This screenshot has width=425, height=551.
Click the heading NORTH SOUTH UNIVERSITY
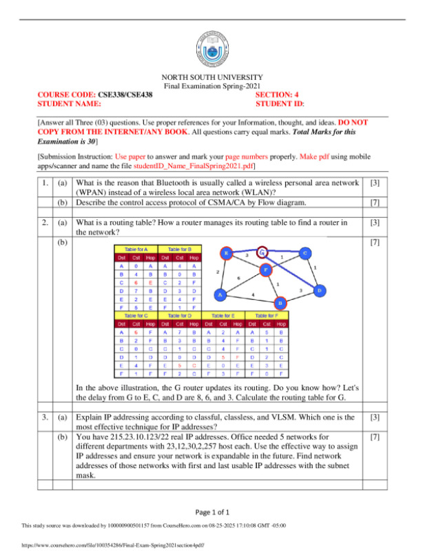(211, 77)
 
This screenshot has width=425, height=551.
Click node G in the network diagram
(262, 252)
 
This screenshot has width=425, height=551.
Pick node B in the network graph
(280, 303)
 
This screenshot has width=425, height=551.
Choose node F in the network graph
(265, 270)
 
